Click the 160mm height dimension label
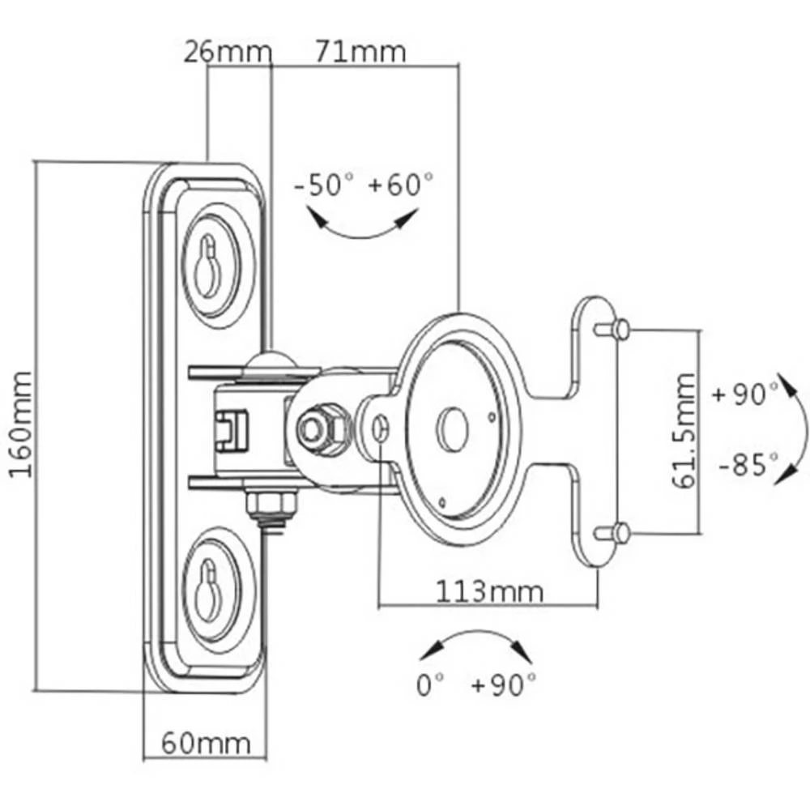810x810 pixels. point(21,424)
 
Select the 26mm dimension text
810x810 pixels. point(227,53)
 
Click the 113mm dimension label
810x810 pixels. point(490,590)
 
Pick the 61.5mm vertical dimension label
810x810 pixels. point(684,431)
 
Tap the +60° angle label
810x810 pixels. point(401,185)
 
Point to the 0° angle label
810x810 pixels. point(431,686)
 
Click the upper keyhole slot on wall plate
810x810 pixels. point(208,267)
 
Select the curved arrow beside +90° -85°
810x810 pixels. point(792,429)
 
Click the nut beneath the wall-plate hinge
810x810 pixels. point(272,508)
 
